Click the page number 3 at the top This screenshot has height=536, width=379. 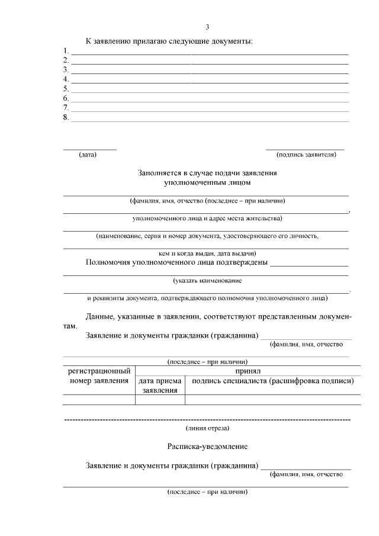(x=207, y=27)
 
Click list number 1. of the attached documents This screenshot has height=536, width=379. (x=66, y=51)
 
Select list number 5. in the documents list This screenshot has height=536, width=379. (x=66, y=89)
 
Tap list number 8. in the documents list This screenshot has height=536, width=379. (x=66, y=117)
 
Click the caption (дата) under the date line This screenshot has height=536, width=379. (x=88, y=155)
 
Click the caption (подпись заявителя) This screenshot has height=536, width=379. (x=306, y=155)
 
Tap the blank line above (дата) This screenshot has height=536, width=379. (x=90, y=149)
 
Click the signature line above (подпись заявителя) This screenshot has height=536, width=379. (x=305, y=149)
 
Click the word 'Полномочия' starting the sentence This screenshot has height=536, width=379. (x=107, y=262)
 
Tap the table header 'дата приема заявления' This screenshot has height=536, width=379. (x=160, y=386)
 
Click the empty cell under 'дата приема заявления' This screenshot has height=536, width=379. (x=160, y=400)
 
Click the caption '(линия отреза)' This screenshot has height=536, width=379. (x=207, y=427)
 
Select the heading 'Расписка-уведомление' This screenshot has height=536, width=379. (x=207, y=445)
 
